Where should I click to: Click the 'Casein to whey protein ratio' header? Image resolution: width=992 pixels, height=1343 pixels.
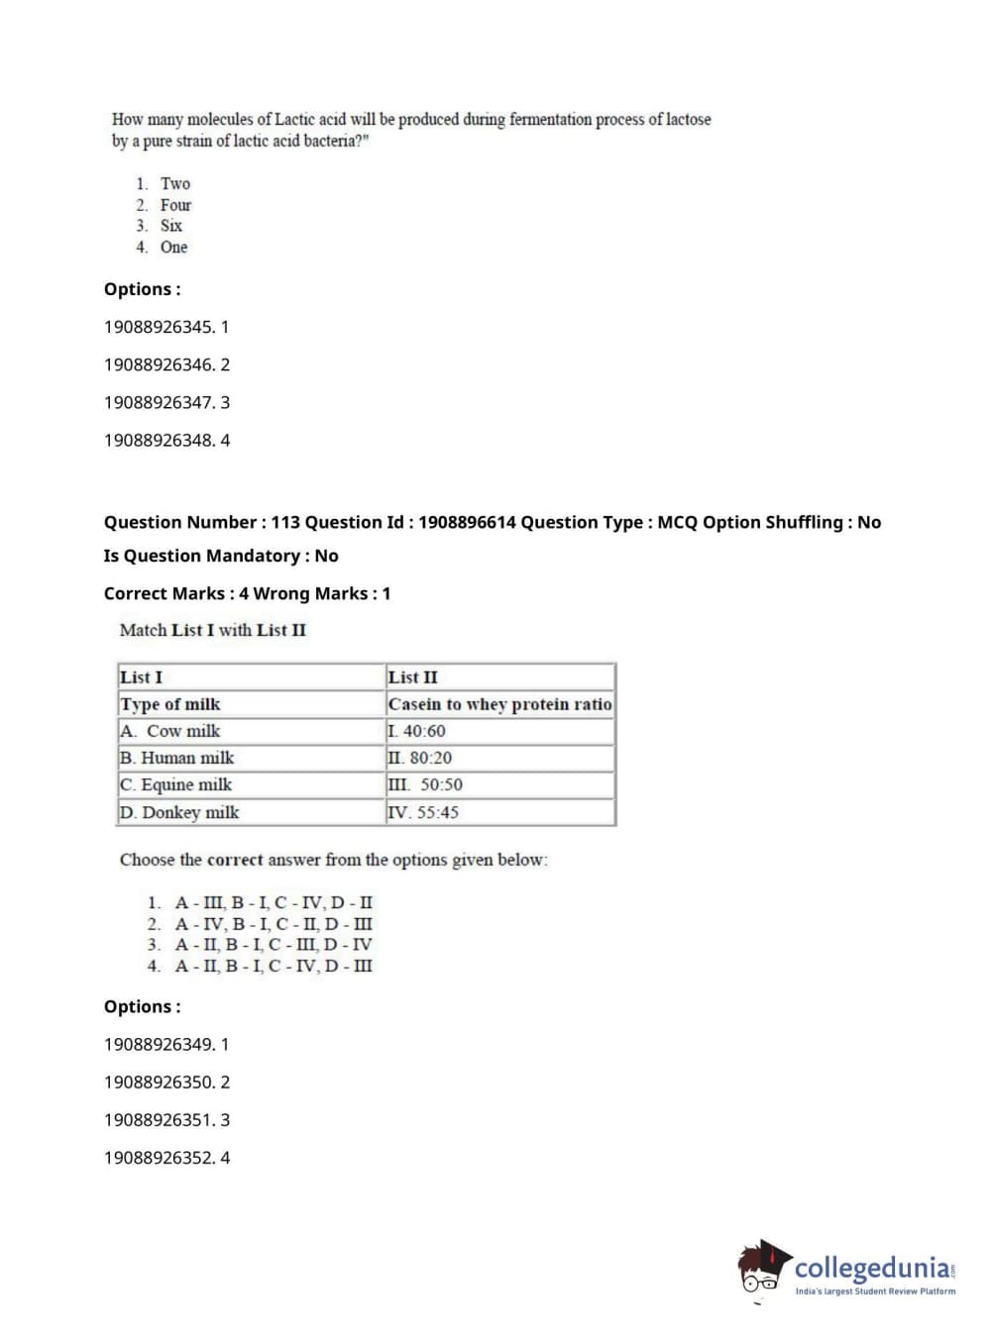[499, 704]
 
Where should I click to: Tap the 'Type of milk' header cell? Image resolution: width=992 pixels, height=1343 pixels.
[170, 704]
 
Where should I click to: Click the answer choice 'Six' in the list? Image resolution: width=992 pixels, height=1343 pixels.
[171, 226]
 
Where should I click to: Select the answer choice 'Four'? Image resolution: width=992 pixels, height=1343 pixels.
[175, 205]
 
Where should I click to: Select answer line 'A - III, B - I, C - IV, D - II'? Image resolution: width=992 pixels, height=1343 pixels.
[274, 902]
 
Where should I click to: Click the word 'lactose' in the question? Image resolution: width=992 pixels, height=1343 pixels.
[688, 120]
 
